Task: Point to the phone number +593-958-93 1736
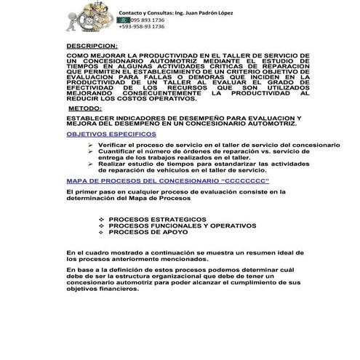(142, 27)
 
